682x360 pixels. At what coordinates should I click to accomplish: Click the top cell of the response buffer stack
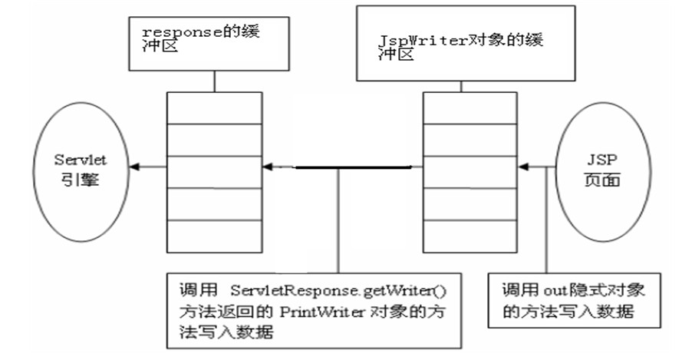(x=215, y=108)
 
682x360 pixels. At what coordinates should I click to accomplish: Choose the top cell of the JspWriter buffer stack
(x=469, y=108)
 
